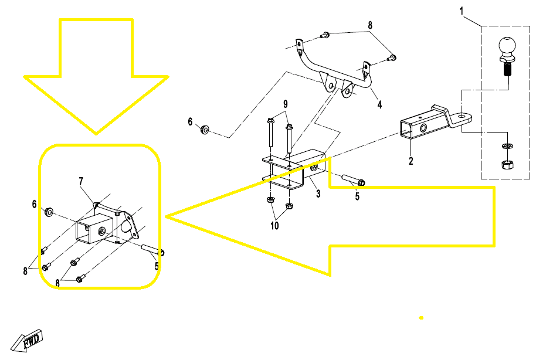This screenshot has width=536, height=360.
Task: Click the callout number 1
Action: pyautogui.click(x=461, y=11)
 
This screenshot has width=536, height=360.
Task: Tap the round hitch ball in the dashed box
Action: pyautogui.click(x=507, y=46)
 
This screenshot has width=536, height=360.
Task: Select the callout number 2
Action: pyautogui.click(x=411, y=161)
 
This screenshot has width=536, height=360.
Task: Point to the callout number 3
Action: pyautogui.click(x=318, y=194)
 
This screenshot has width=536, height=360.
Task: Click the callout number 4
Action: pyautogui.click(x=379, y=104)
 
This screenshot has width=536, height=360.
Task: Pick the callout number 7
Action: pyautogui.click(x=81, y=181)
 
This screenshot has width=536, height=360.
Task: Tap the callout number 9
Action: pyautogui.click(x=286, y=104)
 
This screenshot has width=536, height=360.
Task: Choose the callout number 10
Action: pyautogui.click(x=274, y=226)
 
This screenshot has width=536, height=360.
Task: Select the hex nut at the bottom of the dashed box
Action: pyautogui.click(x=506, y=164)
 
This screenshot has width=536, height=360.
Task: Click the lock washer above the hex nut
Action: pyautogui.click(x=506, y=147)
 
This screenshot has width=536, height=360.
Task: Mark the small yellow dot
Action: pyautogui.click(x=421, y=318)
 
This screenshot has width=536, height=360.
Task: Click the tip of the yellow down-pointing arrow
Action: pyautogui.click(x=96, y=134)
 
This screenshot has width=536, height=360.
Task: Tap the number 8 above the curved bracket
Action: pyautogui.click(x=370, y=25)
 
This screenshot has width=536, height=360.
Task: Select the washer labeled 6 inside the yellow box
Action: pyautogui.click(x=49, y=212)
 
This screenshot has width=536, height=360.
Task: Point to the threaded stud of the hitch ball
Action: pyautogui.click(x=507, y=70)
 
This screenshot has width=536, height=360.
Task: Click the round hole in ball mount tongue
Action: pyautogui.click(x=463, y=117)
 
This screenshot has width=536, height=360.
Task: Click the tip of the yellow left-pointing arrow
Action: pyautogui.click(x=165, y=216)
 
